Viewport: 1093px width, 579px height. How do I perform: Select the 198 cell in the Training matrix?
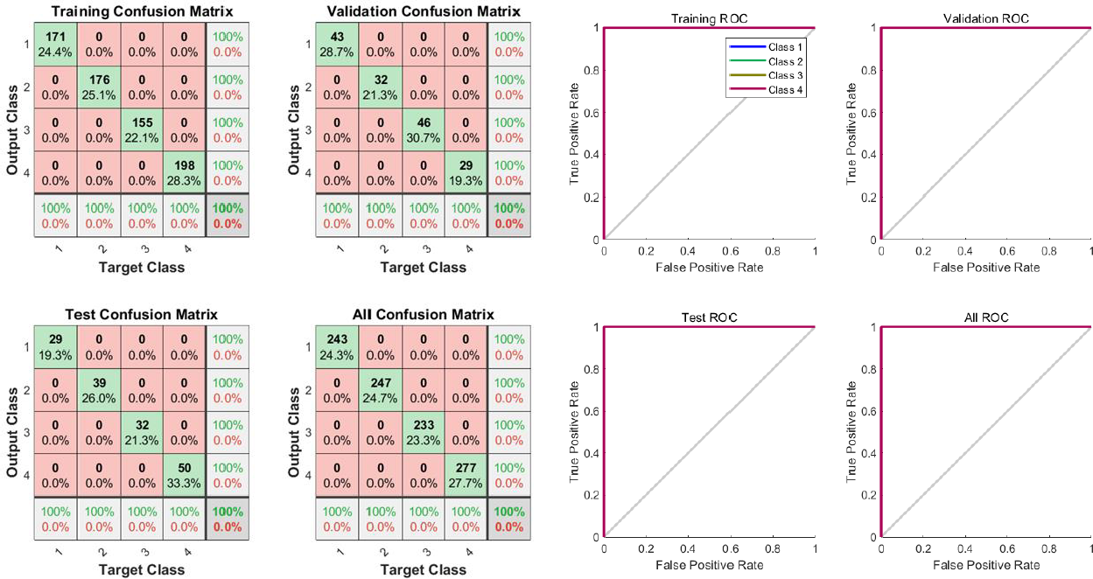(184, 172)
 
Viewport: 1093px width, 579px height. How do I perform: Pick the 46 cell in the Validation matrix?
(424, 130)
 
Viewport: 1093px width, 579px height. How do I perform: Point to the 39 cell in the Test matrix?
(99, 388)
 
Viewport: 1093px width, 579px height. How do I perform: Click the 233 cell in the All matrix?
(424, 431)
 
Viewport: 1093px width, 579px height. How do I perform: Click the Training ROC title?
(709, 18)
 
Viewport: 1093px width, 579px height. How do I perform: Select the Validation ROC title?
(986, 18)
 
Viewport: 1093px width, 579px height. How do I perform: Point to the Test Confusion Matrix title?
(141, 314)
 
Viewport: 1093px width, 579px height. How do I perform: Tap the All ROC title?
(986, 317)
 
